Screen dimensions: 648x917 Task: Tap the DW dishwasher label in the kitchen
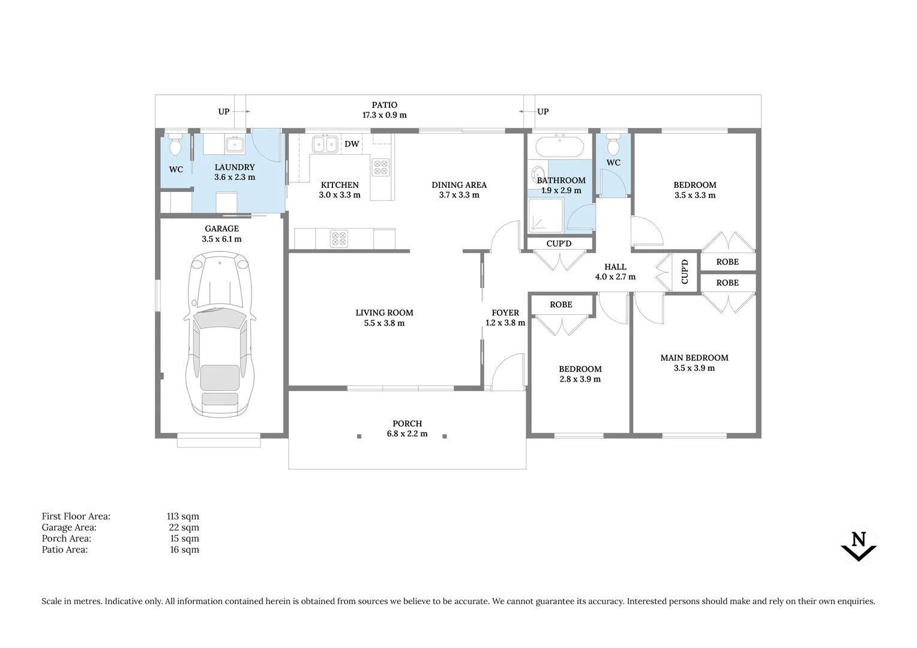(352, 144)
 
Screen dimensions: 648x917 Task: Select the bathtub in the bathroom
(559, 146)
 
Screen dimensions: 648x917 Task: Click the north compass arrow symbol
(859, 545)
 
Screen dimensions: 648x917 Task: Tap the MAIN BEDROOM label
(694, 358)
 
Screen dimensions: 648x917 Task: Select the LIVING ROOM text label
(384, 313)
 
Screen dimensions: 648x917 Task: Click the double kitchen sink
(324, 144)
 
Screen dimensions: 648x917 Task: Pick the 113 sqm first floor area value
(183, 517)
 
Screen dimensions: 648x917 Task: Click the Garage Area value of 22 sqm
(184, 527)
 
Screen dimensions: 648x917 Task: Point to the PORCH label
(407, 424)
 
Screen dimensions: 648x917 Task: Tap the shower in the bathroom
(546, 215)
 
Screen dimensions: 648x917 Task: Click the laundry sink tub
(235, 144)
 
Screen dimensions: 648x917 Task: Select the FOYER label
(505, 313)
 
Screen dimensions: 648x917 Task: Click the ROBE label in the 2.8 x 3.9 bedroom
(561, 305)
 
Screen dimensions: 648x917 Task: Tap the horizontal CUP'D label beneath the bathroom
(559, 244)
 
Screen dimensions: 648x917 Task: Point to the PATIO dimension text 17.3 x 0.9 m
(384, 115)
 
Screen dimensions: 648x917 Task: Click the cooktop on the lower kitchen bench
(339, 239)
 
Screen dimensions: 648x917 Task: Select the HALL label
(615, 267)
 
